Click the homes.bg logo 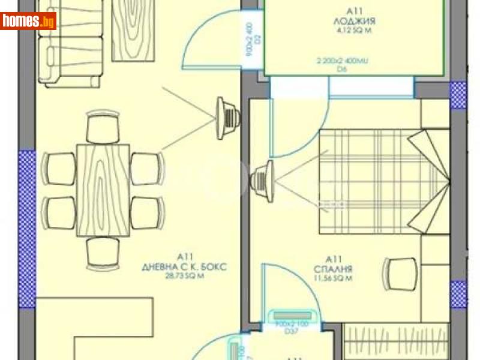pyautogui.click(x=29, y=21)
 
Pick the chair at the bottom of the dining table pyautogui.click(x=104, y=252)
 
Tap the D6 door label pyautogui.click(x=343, y=69)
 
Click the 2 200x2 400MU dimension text pyautogui.click(x=342, y=61)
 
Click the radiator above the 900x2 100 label pyautogui.click(x=293, y=316)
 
